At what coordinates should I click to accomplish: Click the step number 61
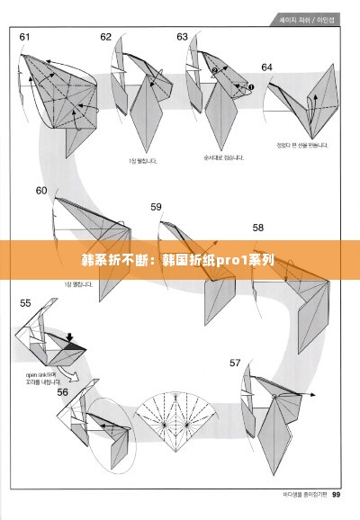click(24, 37)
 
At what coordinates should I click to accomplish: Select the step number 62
click(106, 37)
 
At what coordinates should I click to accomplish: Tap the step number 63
click(183, 37)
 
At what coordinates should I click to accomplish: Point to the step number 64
click(266, 67)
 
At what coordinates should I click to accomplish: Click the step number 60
click(41, 191)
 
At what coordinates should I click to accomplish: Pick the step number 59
click(156, 207)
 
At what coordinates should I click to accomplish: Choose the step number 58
click(258, 228)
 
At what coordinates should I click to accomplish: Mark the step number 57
click(235, 363)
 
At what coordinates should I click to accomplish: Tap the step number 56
click(63, 391)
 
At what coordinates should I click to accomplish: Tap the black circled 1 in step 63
click(251, 86)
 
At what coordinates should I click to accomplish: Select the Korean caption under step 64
click(302, 145)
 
